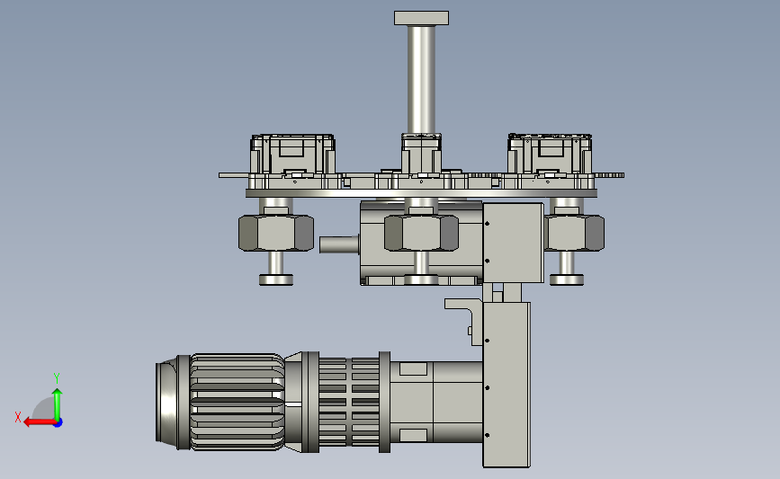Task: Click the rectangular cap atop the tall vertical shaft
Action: point(421,18)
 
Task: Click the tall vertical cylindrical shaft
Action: point(421,79)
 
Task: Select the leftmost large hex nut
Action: point(276,233)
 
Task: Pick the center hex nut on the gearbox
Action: point(421,233)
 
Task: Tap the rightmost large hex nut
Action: point(575,233)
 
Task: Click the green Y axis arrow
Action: point(58,404)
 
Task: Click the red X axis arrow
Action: point(40,422)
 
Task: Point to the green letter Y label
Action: point(57,378)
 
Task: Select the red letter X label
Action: point(18,417)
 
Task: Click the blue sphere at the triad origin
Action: point(58,423)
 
